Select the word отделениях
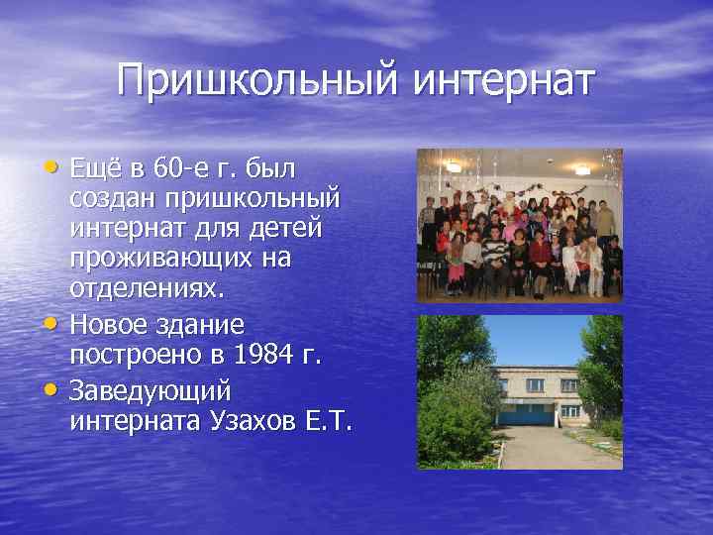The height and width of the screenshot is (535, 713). point(148,291)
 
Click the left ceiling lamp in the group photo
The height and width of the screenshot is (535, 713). point(455,166)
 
